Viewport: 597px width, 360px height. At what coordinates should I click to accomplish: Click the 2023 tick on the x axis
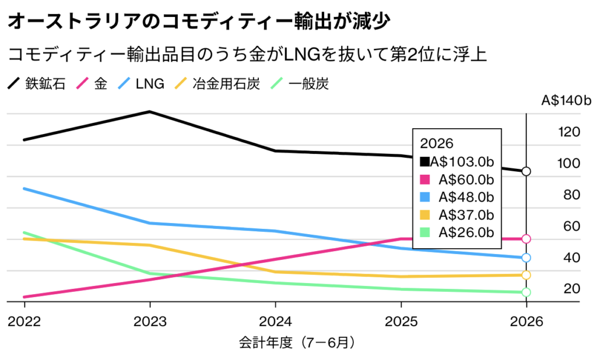click(150, 322)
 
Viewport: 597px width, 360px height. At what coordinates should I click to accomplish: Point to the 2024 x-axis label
click(275, 322)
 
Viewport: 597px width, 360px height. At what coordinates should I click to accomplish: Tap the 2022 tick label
click(24, 322)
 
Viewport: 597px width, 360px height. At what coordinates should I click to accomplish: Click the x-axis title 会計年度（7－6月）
click(297, 343)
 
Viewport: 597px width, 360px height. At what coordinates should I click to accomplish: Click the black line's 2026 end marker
click(526, 171)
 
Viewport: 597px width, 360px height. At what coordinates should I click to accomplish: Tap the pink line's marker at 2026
click(526, 239)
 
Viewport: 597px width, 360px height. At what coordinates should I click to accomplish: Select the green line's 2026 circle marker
click(526, 292)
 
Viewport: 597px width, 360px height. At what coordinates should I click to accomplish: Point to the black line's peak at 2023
click(150, 111)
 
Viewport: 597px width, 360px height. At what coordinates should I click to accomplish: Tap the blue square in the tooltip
click(425, 197)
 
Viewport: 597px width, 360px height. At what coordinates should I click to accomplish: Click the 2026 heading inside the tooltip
click(433, 143)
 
